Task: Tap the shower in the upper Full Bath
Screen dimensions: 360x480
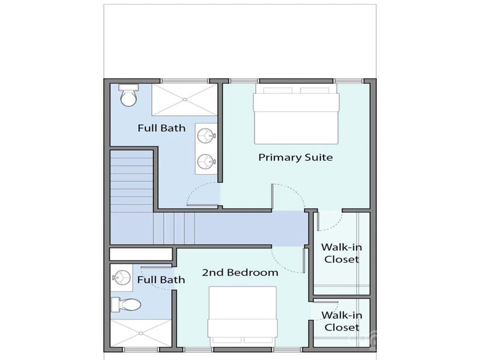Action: pos(184,99)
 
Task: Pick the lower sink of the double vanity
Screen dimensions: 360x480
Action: pos(206,160)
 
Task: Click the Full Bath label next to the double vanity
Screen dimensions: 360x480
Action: pos(161,128)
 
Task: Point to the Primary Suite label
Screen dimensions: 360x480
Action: pos(295,157)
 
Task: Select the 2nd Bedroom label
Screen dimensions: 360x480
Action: pos(239,272)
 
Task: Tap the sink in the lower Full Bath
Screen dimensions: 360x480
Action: pos(122,277)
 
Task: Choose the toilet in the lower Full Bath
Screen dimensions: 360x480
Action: pos(127,305)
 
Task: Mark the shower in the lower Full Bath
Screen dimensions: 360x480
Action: pos(140,334)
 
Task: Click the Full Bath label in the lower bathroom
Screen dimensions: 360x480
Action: pos(161,280)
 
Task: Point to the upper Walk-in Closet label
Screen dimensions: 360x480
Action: pos(340,253)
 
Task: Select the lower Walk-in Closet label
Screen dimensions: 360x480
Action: pos(340,321)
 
